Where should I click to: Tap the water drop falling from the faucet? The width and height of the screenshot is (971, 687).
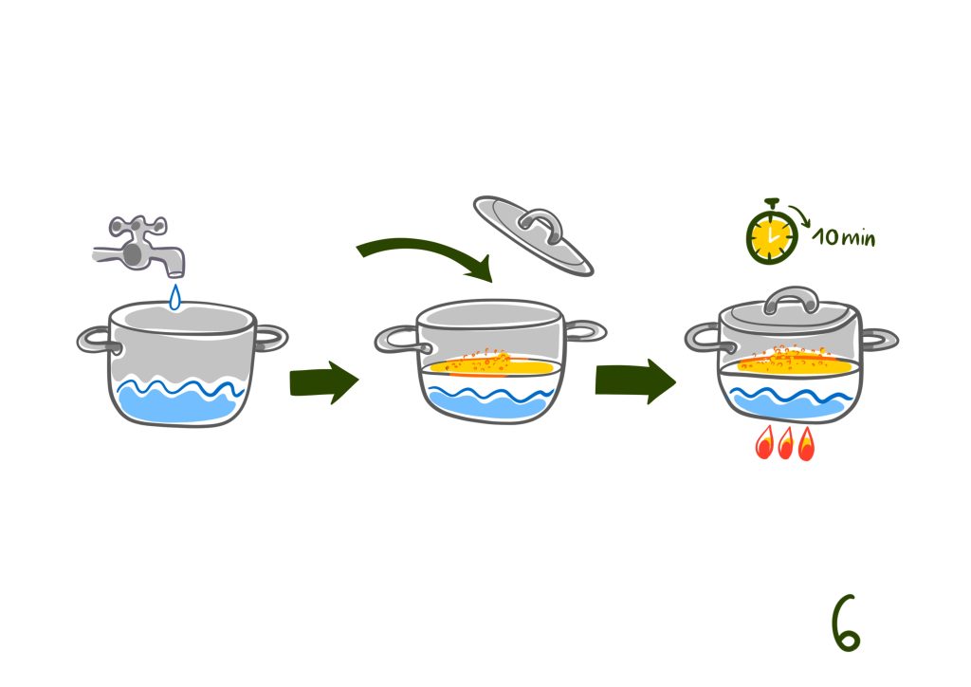(x=174, y=298)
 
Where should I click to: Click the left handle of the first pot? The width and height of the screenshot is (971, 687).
(x=94, y=340)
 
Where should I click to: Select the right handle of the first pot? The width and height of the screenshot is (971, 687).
(x=270, y=337)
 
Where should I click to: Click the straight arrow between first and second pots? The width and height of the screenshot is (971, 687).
(x=322, y=381)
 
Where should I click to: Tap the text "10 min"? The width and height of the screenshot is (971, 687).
(x=844, y=237)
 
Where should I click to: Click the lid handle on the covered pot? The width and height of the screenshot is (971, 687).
(x=791, y=300)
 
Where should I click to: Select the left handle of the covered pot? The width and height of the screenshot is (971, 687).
(x=703, y=336)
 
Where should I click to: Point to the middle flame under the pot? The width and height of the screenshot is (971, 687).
(x=785, y=445)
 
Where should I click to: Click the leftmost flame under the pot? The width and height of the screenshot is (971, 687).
(x=763, y=445)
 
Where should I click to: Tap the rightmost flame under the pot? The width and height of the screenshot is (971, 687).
(x=806, y=445)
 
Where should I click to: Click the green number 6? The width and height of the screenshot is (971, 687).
(x=845, y=623)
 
